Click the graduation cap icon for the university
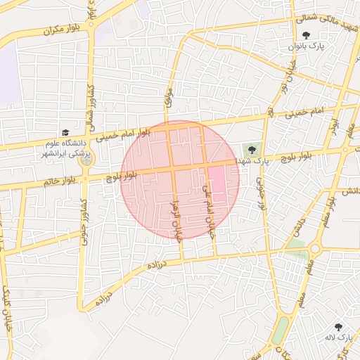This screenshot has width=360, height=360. [x=65, y=132]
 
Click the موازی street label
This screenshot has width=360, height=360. [x=167, y=96]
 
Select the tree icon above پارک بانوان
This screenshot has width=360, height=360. [x=305, y=35]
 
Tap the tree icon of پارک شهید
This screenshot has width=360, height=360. [x=251, y=150]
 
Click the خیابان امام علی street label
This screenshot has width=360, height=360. [x=207, y=211]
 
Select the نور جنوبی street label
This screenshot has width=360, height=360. [x=260, y=190]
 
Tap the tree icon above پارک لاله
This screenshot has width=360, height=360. [x=339, y=327]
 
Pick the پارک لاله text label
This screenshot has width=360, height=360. [x=338, y=338]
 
